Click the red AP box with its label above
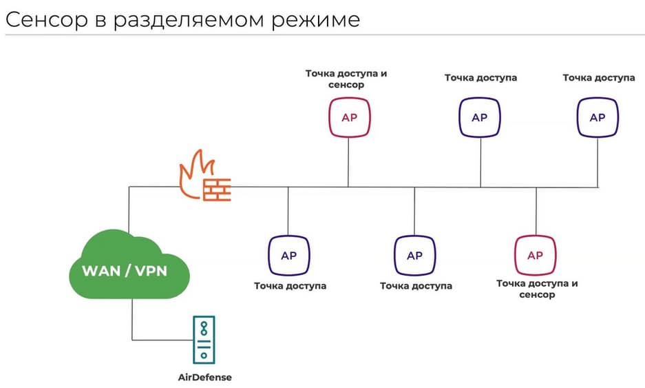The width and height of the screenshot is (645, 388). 349,117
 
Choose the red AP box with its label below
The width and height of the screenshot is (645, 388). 535,256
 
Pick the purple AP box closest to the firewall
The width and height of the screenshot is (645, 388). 288,256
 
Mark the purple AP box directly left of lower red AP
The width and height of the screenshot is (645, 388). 414,256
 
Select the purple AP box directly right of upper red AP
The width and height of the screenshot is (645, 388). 480,117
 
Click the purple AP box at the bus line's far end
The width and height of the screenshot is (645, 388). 598,117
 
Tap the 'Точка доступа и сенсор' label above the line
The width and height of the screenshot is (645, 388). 346,79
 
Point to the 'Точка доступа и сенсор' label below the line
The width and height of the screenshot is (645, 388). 537,289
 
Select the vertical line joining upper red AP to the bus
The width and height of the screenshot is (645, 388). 348,162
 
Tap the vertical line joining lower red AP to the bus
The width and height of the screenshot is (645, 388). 536,211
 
